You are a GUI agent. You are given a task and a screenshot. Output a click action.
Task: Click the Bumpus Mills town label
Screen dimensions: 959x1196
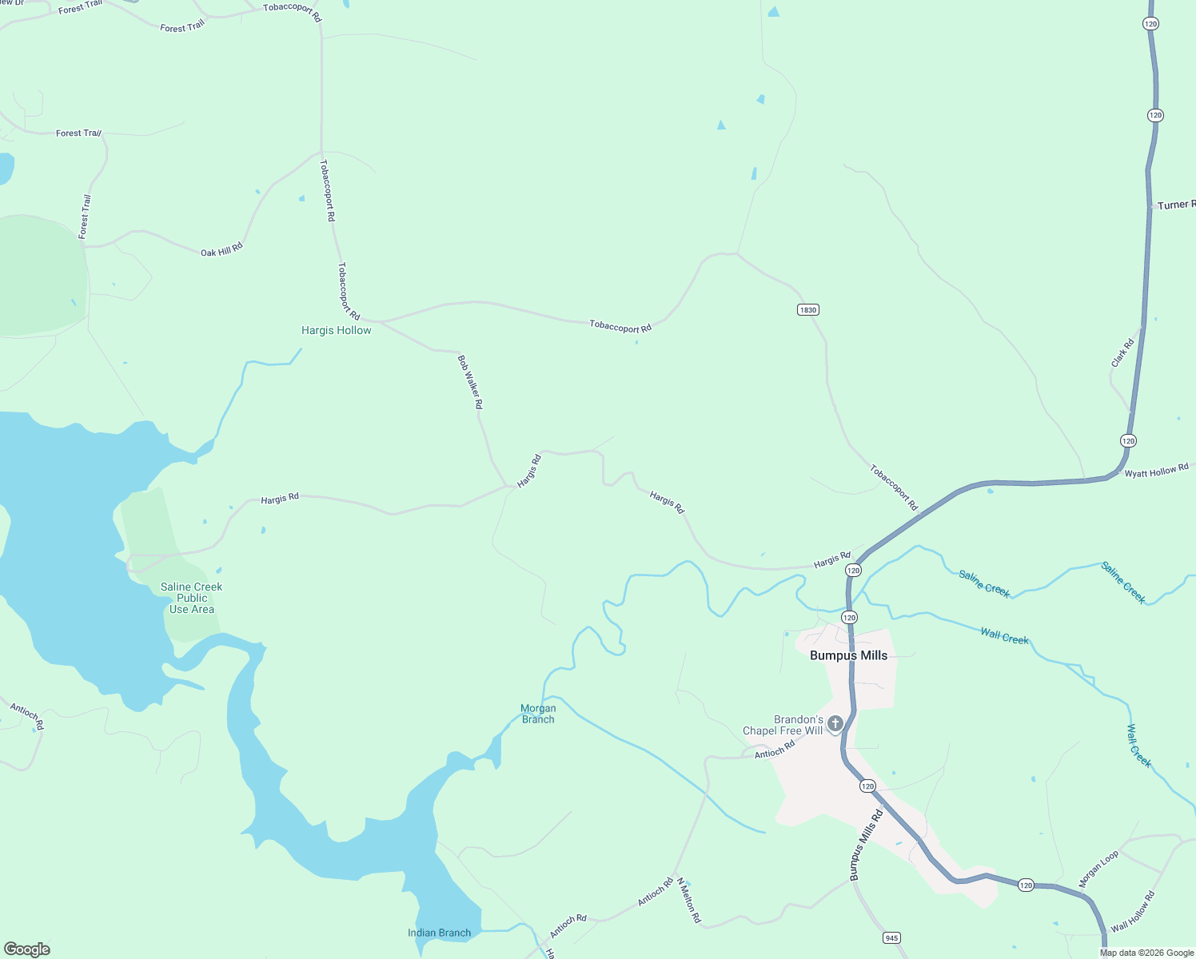click(x=848, y=655)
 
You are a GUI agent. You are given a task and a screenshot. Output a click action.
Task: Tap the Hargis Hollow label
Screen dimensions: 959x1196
click(x=336, y=330)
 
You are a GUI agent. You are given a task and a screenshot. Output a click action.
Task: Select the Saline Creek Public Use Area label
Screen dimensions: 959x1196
click(x=192, y=598)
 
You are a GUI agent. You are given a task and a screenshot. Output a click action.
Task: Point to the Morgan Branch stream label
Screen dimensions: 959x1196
click(x=538, y=714)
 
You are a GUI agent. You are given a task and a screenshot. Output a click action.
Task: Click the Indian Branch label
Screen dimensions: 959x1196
click(x=439, y=933)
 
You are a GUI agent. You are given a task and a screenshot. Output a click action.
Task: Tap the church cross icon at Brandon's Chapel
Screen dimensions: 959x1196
click(x=835, y=724)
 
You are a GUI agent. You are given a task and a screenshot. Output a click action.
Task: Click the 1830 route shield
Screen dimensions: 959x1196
click(x=808, y=310)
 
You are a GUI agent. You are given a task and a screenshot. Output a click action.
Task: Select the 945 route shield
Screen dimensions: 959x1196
click(x=892, y=937)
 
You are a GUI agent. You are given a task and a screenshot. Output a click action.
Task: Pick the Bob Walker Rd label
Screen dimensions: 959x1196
click(x=470, y=383)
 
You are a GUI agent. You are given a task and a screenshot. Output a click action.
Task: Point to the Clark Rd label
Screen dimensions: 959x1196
click(x=1122, y=353)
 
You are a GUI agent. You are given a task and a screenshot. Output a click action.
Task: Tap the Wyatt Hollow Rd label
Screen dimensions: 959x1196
click(x=1156, y=472)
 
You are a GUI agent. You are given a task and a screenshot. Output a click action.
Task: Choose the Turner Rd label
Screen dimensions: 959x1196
click(x=1175, y=205)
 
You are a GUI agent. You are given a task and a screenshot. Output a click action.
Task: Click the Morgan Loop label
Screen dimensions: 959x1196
click(x=1098, y=869)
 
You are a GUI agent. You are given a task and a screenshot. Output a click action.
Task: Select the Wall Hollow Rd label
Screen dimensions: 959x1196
click(x=1133, y=911)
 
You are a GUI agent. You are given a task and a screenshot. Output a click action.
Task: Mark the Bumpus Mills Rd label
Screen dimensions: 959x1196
click(x=866, y=846)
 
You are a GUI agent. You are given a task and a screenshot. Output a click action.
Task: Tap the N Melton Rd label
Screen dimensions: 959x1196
click(x=688, y=901)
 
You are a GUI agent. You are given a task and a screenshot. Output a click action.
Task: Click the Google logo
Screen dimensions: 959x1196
click(x=27, y=949)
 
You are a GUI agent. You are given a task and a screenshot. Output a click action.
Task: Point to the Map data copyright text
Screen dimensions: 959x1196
click(x=1146, y=953)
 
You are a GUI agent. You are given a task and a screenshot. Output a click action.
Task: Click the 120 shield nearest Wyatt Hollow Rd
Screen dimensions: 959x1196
click(x=1128, y=441)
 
